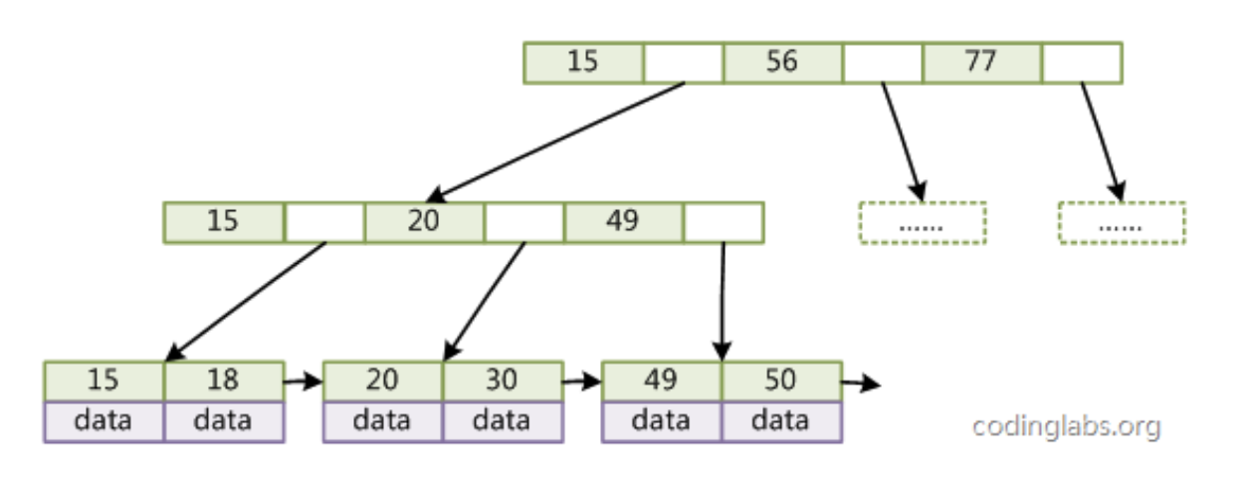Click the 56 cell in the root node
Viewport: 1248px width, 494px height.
point(782,62)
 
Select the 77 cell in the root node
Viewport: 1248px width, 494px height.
point(981,62)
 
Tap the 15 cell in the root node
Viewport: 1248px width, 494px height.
point(583,62)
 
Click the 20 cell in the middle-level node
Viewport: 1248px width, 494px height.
point(424,222)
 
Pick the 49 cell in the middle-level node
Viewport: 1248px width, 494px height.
point(623,222)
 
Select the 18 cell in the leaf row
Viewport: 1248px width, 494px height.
point(224,380)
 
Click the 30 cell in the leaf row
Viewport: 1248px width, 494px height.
point(503,380)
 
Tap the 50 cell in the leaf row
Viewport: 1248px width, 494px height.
point(781,380)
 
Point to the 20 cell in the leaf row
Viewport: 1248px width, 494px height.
point(383,380)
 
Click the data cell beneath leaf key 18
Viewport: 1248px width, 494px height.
point(224,420)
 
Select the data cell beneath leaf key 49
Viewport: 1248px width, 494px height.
point(662,420)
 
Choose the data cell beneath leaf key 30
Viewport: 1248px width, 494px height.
point(503,420)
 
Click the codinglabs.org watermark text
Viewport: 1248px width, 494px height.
point(1066,427)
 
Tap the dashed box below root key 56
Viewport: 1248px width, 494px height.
point(922,223)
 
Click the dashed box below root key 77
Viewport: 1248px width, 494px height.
point(1122,223)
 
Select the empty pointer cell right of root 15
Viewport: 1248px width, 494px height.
point(683,62)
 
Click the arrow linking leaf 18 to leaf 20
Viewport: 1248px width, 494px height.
point(304,380)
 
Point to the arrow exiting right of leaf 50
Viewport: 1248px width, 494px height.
point(861,382)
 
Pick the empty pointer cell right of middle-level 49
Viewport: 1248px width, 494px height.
point(724,222)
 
